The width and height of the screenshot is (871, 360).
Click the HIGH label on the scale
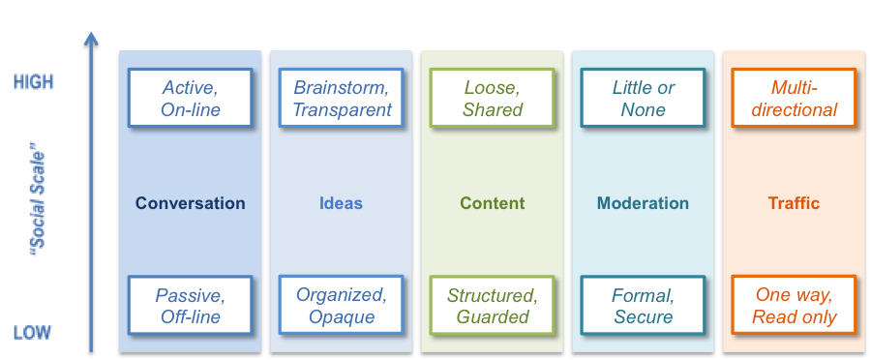34,83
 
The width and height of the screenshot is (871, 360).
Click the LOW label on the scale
32,334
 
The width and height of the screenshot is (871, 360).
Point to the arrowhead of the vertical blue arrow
91,39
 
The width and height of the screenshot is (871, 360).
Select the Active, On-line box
191,98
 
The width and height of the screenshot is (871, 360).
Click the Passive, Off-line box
191,305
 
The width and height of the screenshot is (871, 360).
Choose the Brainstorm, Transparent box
342,98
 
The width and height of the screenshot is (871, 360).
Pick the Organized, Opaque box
342,305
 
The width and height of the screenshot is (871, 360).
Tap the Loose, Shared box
493,98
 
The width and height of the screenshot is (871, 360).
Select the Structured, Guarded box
493,305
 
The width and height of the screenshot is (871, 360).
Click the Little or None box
644,98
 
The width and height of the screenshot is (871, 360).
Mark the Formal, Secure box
644,305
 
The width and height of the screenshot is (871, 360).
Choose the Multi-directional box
794,98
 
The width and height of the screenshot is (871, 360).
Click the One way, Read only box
794,305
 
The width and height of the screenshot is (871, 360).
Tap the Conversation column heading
191,203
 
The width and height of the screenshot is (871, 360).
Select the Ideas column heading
341,203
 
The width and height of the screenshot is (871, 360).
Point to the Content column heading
493,203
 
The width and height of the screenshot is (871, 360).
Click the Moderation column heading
643,203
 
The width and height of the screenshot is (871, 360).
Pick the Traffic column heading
794,203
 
